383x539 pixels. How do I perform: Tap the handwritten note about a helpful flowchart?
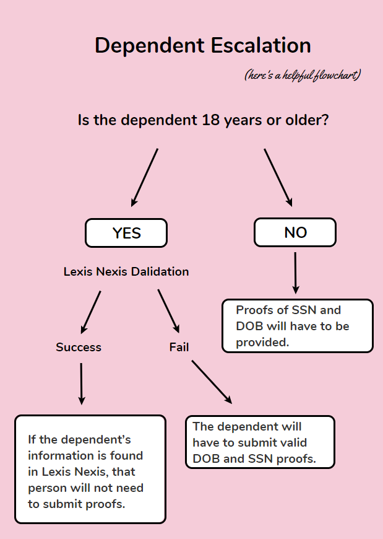pos(303,76)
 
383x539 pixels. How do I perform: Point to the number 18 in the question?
pos(210,120)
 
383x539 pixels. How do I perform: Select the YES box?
pos(126,233)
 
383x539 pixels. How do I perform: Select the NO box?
pos(295,232)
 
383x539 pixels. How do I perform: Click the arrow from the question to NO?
pos(278,177)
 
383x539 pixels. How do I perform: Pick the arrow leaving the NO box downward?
pos(295,272)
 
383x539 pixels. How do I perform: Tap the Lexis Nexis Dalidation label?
pos(126,272)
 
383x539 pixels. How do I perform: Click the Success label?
pos(79,348)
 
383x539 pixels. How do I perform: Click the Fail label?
pos(179,348)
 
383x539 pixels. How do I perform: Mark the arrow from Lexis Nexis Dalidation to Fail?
pos(168,312)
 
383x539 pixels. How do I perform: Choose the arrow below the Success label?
pos(81,383)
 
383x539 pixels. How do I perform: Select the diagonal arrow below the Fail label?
pos(212,382)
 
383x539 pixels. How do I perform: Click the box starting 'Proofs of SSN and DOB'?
pos(297,326)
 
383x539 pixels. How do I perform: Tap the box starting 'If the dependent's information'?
pos(90,469)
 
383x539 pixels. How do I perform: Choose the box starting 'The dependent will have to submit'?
pos(260,442)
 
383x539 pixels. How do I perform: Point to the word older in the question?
pos(304,120)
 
